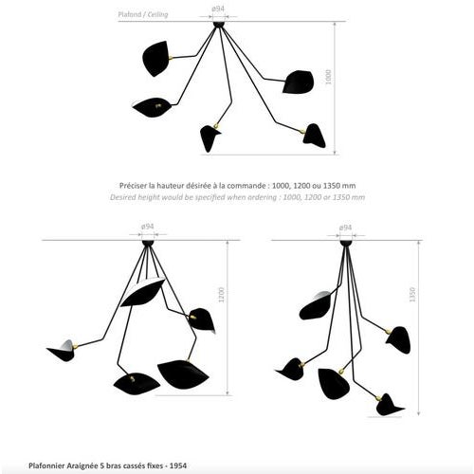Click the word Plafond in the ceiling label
click(129, 15)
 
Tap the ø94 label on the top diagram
click(219, 9)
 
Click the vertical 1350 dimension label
click(411, 295)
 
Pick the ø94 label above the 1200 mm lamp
click(147, 227)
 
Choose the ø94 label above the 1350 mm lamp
click(346, 227)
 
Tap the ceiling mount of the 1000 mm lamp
click(220, 24)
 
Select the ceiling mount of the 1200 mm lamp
click(147, 244)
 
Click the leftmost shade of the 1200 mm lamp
click(63, 353)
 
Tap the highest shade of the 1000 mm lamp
click(155, 59)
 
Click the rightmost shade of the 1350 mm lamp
click(398, 338)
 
